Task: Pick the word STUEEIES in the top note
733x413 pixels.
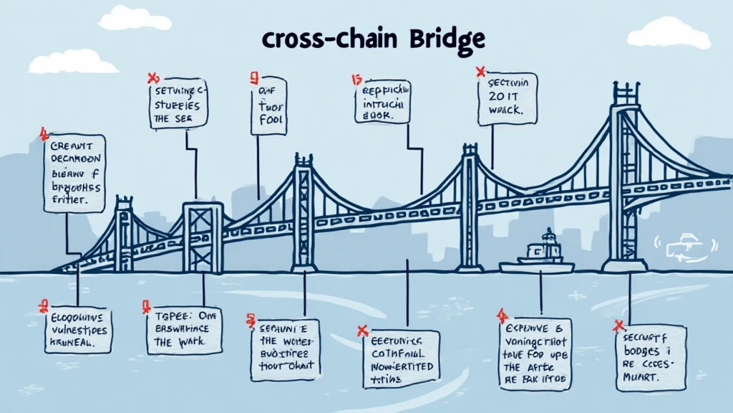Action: tap(178, 105)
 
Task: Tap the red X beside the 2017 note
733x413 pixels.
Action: tap(480, 72)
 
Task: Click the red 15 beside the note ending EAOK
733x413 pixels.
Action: tap(356, 80)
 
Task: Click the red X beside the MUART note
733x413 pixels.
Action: tap(618, 326)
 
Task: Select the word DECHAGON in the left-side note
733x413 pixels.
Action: tap(75, 158)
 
